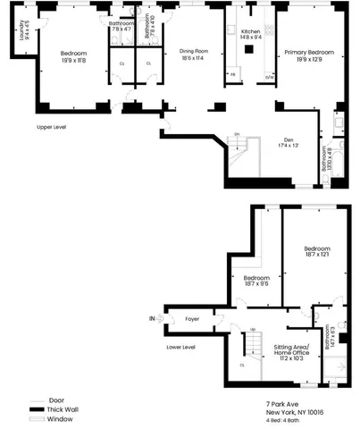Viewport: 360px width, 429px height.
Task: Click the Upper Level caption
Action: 52,127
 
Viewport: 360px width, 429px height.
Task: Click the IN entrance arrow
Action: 153,318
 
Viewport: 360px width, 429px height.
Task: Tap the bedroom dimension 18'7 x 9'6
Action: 257,284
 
